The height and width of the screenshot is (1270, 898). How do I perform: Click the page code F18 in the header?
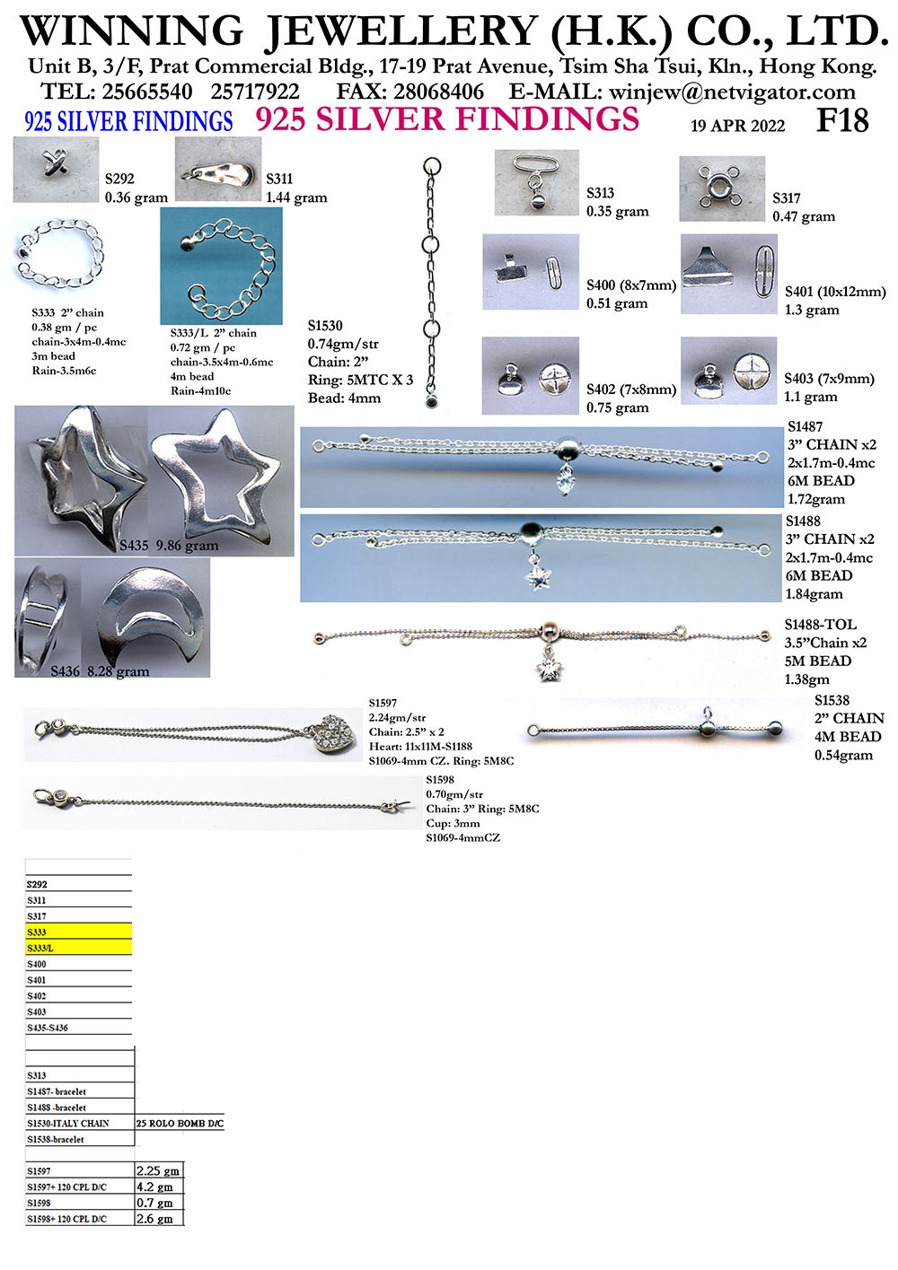[x=841, y=119]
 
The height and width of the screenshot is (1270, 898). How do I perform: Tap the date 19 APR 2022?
[x=737, y=126]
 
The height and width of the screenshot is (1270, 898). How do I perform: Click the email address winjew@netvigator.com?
[x=732, y=92]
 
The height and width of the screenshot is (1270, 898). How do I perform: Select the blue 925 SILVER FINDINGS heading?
[x=128, y=121]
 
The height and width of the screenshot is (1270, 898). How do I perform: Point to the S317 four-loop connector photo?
[x=722, y=188]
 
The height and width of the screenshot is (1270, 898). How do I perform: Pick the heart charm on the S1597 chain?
[x=333, y=733]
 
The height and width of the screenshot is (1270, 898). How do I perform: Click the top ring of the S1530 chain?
[x=432, y=166]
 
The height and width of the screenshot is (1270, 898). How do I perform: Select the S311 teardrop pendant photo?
[x=218, y=169]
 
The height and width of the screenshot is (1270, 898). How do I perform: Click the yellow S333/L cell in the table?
[x=78, y=948]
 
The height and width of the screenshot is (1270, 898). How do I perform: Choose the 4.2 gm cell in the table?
[x=160, y=1187]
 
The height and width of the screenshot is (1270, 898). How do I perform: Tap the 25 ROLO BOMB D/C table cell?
[x=180, y=1123]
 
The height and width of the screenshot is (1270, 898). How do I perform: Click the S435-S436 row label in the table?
[x=47, y=1028]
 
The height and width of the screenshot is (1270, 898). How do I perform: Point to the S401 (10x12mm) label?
[x=835, y=292]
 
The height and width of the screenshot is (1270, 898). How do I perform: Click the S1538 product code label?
[x=832, y=700]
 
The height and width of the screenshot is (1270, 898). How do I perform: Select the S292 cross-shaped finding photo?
[x=56, y=169]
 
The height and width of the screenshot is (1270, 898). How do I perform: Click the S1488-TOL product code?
[x=820, y=624]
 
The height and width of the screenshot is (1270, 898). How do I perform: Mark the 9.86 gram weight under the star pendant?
[x=187, y=546]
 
